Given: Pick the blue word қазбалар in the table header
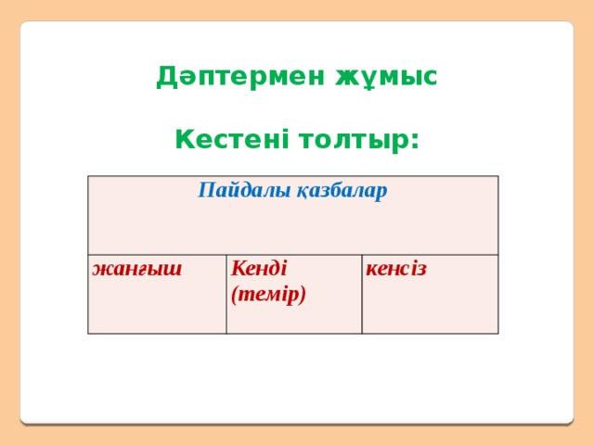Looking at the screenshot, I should [341, 192].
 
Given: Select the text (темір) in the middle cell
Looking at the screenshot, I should [269, 294].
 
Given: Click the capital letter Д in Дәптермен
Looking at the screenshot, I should [166, 76].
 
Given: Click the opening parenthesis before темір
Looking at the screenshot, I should [236, 295].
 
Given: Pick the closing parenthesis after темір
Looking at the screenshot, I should [303, 295].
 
